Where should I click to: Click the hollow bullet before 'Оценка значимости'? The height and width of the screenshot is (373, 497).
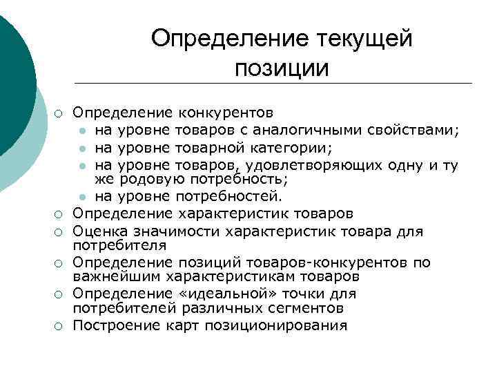[x=60, y=232]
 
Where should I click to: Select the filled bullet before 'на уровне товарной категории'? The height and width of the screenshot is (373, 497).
[x=81, y=146]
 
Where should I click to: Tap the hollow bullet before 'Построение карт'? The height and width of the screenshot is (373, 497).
[x=60, y=325]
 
